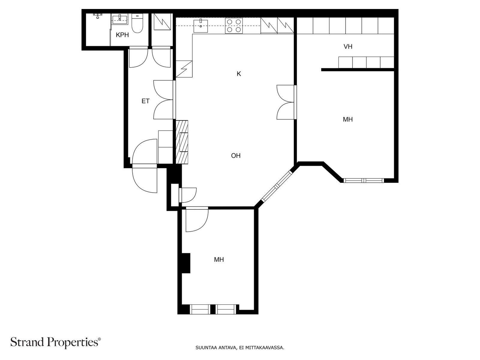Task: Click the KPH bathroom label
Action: tap(122, 35)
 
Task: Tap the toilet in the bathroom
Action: tap(137, 23)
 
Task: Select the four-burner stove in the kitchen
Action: tap(234, 26)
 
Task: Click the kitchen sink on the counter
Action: tap(200, 25)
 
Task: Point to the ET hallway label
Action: tap(145, 101)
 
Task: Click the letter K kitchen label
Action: tap(239, 74)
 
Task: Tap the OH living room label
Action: tap(236, 156)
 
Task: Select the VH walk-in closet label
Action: tap(348, 46)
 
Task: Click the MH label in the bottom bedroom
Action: tap(219, 259)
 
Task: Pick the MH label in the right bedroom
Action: tap(348, 119)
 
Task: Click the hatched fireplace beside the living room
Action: tap(182, 142)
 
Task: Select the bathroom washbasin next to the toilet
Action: tap(120, 19)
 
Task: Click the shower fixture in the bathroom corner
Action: tap(98, 16)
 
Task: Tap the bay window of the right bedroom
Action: tap(363, 181)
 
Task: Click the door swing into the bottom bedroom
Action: tap(197, 219)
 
